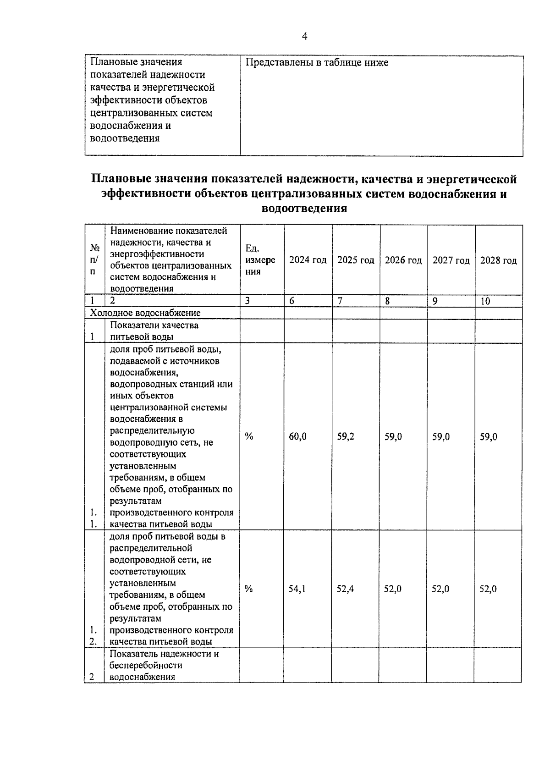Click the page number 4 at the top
pos(304,37)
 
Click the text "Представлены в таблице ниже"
pos(317,62)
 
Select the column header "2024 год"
pos(308,260)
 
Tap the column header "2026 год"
pos(403,260)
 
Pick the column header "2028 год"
pos(498,261)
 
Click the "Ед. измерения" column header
pos(260,260)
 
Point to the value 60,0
pos(297,437)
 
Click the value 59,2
pos(346,437)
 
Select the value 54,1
pos(297,589)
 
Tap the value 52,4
pos(345,589)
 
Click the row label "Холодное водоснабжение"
pos(145,313)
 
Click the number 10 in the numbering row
pos(485,301)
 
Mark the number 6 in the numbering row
pos(291,301)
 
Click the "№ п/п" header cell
pos(94,260)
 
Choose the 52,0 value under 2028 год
pos(488,589)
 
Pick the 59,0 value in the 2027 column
pos(441,437)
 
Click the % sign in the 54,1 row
pos(248,589)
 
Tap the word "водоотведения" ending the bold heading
pos(304,209)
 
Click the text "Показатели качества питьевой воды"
pos(154,331)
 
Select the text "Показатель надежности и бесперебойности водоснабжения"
pos(164,665)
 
